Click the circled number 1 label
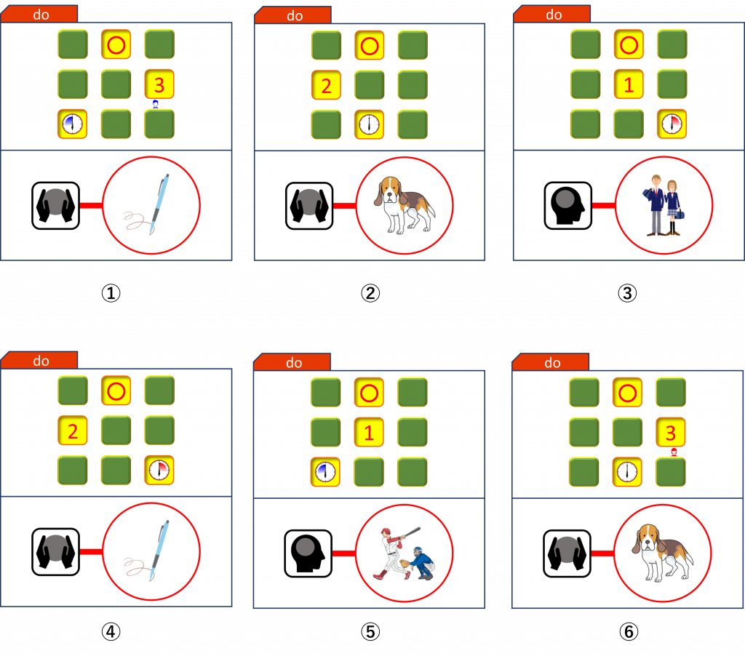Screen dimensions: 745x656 (111, 293)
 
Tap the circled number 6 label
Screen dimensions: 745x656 (629, 632)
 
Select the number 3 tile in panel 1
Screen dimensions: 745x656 (159, 84)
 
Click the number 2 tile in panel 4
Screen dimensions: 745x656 (73, 431)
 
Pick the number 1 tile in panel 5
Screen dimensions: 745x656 (369, 432)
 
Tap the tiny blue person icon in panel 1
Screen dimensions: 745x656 (156, 104)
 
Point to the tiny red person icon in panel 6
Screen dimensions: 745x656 (674, 452)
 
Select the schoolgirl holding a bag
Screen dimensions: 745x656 (672, 207)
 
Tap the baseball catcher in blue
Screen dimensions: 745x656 (420, 564)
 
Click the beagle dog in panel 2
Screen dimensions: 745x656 (404, 205)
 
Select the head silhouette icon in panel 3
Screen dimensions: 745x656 (567, 206)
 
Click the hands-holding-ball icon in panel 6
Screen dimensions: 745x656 (567, 553)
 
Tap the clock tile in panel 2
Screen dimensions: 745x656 (369, 124)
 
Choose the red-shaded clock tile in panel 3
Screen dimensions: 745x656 (672, 124)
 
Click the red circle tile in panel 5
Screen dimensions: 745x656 (369, 393)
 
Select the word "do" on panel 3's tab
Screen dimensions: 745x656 (554, 15)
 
